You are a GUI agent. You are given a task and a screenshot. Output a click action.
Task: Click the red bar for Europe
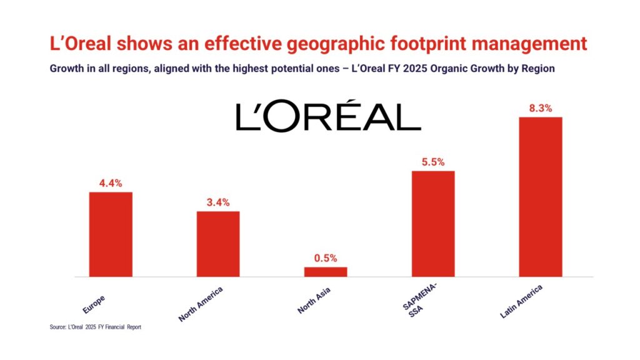(x=111, y=234)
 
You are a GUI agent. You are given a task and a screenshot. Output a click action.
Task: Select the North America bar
(x=218, y=244)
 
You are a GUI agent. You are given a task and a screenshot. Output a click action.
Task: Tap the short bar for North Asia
(x=326, y=272)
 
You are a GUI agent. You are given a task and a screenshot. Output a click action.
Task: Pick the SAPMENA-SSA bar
(x=433, y=223)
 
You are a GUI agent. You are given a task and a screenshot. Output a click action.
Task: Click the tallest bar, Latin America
(x=541, y=196)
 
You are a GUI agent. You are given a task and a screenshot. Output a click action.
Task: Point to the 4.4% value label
(x=111, y=183)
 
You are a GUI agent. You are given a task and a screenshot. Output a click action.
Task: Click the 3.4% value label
(x=218, y=202)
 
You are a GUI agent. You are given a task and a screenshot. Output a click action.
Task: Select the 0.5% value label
(x=326, y=258)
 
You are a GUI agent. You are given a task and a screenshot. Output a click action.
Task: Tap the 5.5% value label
(x=433, y=162)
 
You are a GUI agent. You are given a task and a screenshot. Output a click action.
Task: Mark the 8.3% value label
(x=541, y=108)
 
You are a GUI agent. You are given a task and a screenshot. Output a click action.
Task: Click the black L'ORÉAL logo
(x=328, y=117)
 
